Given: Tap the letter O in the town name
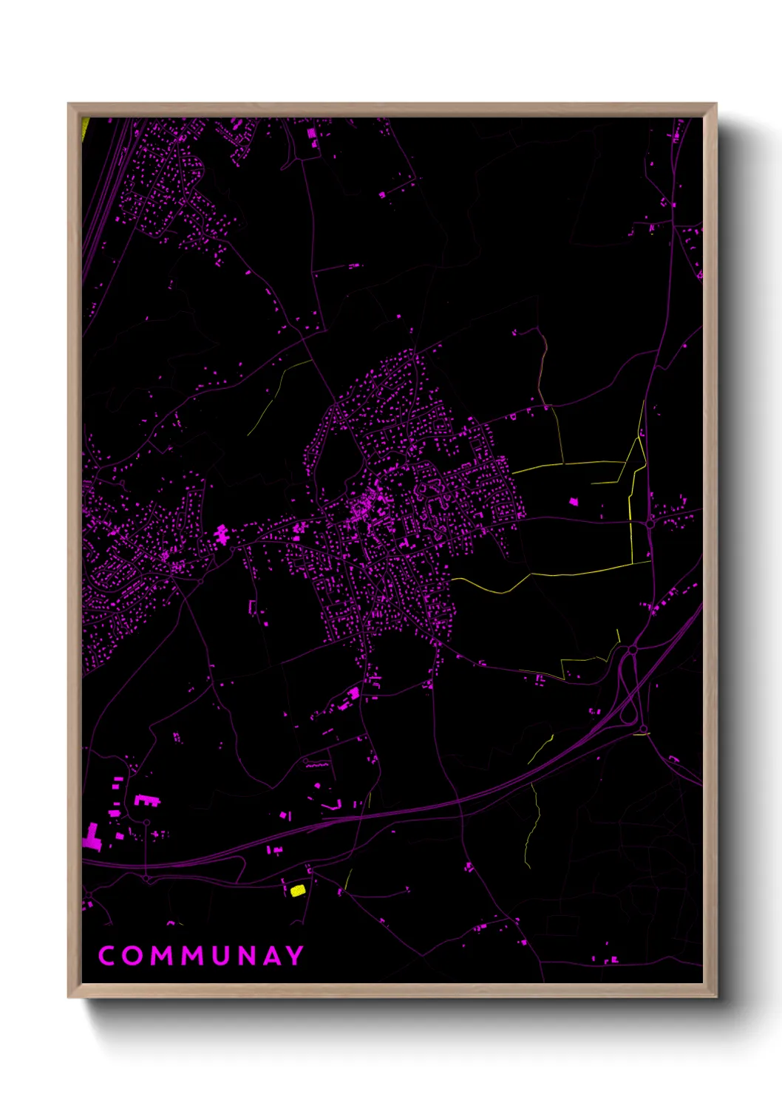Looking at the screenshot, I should click(x=134, y=955).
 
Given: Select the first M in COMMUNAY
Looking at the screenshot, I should click(x=164, y=955).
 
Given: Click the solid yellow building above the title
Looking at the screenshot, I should click(x=297, y=890).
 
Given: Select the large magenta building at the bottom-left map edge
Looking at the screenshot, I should click(x=92, y=838).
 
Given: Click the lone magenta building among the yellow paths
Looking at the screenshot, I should click(x=573, y=502).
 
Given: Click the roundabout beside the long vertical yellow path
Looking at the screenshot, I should click(x=649, y=523).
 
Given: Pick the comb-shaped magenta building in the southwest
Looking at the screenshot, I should click(x=146, y=800).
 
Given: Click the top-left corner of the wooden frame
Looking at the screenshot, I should click(x=69, y=104).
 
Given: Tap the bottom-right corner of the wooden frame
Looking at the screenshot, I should click(x=715, y=996).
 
